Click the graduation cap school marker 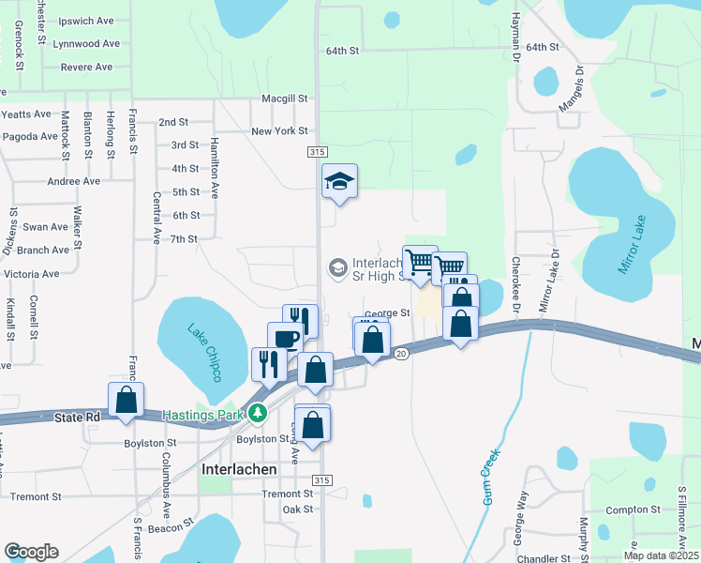click(340, 182)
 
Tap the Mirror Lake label click(634, 246)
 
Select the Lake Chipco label click(204, 353)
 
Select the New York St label click(279, 130)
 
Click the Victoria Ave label click(31, 274)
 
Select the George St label click(387, 313)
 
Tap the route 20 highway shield click(401, 353)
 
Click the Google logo click(30, 551)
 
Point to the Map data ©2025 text click(661, 555)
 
